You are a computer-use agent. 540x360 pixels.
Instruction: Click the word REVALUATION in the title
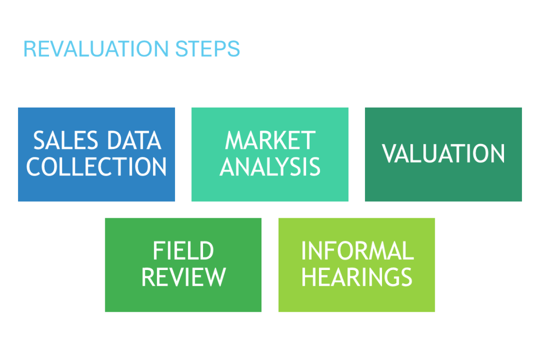(x=96, y=49)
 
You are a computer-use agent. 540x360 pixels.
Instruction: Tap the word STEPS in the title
(x=207, y=49)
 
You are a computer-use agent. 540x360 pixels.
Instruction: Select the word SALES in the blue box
(x=66, y=140)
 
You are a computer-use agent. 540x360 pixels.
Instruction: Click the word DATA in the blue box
(x=134, y=140)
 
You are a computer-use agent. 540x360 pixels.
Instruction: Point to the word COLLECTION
(x=96, y=166)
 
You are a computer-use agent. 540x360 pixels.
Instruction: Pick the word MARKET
(x=270, y=140)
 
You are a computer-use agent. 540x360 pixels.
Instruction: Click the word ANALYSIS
(x=270, y=166)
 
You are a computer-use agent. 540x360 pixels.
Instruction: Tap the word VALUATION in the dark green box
(x=443, y=153)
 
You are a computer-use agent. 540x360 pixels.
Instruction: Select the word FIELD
(x=183, y=251)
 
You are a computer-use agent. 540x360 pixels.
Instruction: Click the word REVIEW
(x=184, y=277)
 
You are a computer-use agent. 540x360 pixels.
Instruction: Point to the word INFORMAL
(x=357, y=251)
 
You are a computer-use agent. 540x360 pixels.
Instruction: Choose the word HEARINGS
(x=357, y=277)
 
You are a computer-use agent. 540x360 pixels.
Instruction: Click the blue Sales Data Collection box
(x=96, y=154)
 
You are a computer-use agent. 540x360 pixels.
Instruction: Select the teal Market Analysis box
(x=270, y=154)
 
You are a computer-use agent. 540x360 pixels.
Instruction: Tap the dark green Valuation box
(x=444, y=154)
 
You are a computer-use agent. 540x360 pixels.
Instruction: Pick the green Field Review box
(x=183, y=265)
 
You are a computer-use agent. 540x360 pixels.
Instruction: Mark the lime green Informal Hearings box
(x=357, y=265)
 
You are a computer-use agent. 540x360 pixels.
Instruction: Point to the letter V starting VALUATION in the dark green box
(x=389, y=153)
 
